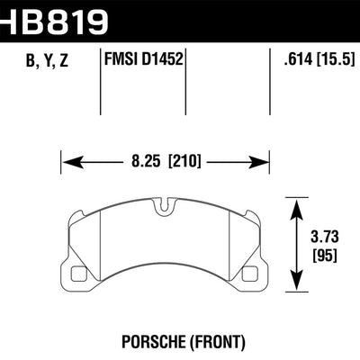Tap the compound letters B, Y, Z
coord(40,62)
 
